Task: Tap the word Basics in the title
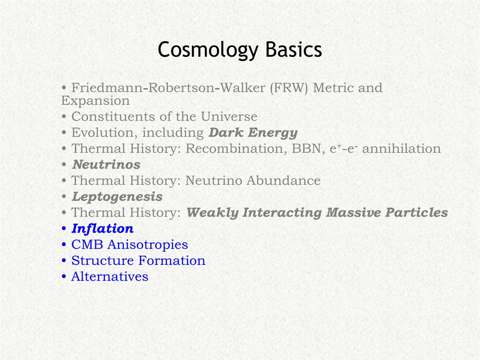click(x=293, y=49)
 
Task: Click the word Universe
click(x=229, y=117)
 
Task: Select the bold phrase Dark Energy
click(x=253, y=133)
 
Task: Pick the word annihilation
click(x=401, y=149)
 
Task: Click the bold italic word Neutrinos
click(x=106, y=165)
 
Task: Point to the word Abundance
click(x=284, y=180)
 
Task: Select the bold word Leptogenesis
click(x=117, y=197)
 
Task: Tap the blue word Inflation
click(x=103, y=228)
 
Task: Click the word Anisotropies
click(x=148, y=245)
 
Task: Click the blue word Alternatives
click(x=110, y=277)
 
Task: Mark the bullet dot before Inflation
click(x=64, y=229)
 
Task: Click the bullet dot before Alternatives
click(x=64, y=277)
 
